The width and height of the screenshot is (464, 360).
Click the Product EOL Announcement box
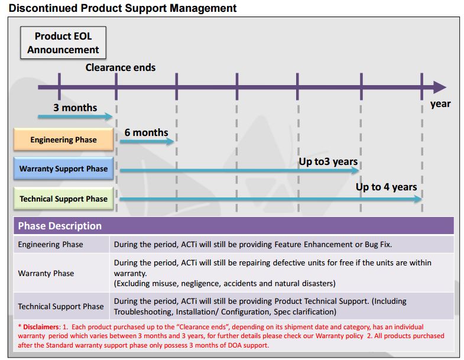click(63, 43)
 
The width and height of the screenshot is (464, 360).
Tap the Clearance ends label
click(121, 67)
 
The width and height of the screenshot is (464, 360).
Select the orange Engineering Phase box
click(63, 140)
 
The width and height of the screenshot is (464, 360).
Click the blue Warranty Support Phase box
click(63, 168)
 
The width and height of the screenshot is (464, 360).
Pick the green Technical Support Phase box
click(63, 199)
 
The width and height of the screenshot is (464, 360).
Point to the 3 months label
click(75, 108)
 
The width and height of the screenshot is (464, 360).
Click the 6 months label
click(146, 132)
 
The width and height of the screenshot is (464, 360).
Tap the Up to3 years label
click(328, 161)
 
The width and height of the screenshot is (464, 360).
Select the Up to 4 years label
click(386, 187)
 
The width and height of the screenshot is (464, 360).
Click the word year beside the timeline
click(440, 104)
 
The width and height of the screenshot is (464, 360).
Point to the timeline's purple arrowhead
click(440, 87)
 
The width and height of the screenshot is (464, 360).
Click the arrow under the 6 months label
click(147, 141)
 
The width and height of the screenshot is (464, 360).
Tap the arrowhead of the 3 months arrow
click(109, 116)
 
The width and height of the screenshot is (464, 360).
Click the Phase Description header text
click(60, 226)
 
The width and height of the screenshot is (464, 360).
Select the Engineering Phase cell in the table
click(51, 245)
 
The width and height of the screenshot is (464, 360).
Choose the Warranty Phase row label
click(46, 273)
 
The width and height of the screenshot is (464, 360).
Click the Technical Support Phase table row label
click(61, 306)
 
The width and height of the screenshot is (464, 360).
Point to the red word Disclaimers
click(41, 327)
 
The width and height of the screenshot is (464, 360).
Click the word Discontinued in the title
click(43, 8)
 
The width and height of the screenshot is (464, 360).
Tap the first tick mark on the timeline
click(60, 86)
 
